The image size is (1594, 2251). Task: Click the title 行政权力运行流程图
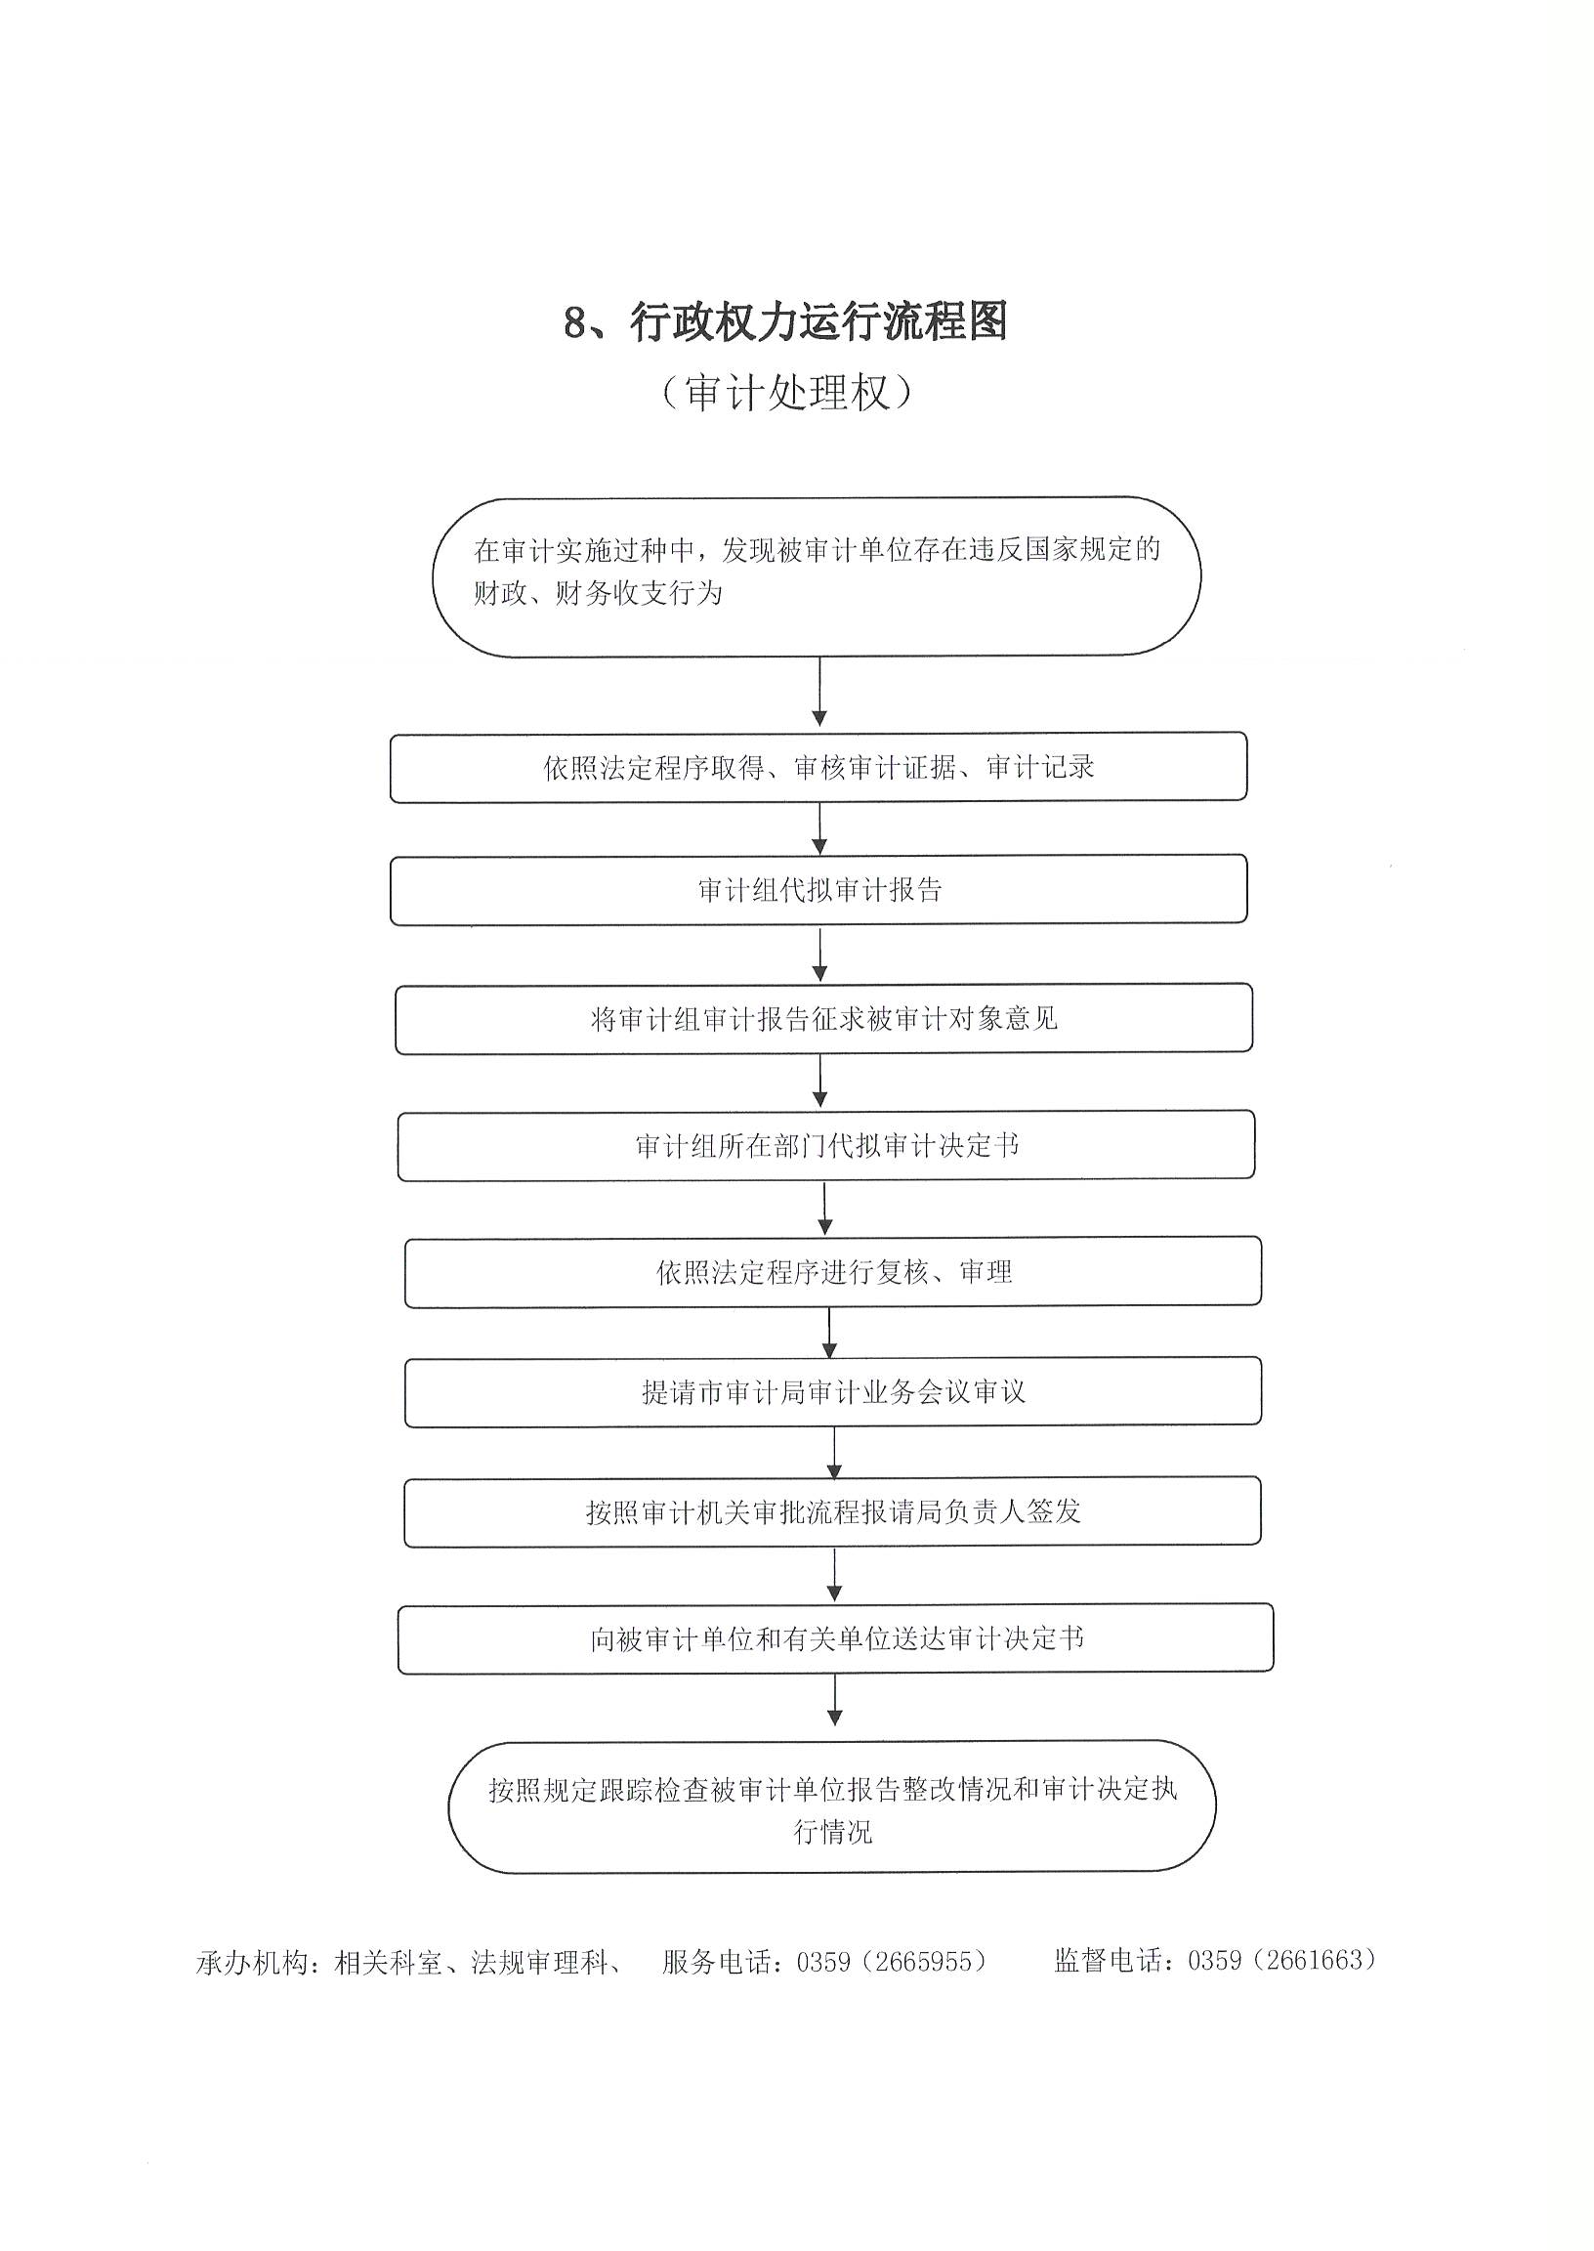[x=818, y=322]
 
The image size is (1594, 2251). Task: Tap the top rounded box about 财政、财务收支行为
[x=817, y=576]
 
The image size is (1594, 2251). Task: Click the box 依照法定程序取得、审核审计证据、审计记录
[x=818, y=767]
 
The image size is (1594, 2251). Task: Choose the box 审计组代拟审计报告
[x=818, y=889]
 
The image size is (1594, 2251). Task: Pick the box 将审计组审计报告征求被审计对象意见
[x=823, y=1019]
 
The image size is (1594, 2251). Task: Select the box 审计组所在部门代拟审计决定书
[x=825, y=1146]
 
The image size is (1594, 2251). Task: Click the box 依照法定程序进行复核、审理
[x=832, y=1272]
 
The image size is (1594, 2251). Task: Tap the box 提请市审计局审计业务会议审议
[x=832, y=1392]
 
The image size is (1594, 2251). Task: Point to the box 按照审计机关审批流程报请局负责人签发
[x=832, y=1511]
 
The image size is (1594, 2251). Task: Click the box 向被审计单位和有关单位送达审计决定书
[x=835, y=1638]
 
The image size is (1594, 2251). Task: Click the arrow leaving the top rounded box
[x=819, y=692]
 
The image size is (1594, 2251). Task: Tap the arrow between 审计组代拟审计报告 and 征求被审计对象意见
[x=820, y=955]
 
